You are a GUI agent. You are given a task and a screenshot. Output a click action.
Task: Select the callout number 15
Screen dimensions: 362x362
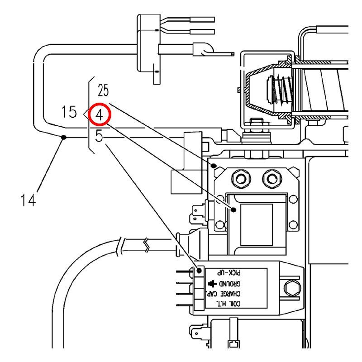click(69, 112)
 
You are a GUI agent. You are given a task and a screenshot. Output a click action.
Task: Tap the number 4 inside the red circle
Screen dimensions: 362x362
click(100, 115)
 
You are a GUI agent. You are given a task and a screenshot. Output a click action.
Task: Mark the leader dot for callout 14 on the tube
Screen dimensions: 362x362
click(64, 137)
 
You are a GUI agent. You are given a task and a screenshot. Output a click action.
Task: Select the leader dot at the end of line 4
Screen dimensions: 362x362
click(233, 210)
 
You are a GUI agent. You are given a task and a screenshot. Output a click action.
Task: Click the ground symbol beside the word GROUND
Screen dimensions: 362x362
click(212, 284)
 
